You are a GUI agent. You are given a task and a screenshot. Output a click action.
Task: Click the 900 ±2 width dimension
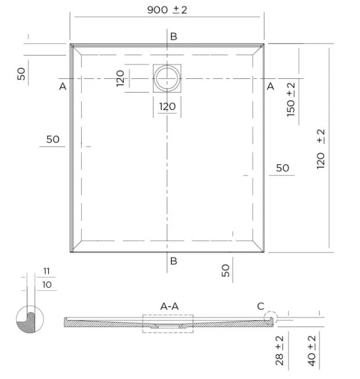[167, 10]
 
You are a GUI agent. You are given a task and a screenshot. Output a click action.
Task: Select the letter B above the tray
[174, 37]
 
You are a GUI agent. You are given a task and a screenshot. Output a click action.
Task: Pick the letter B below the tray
[174, 261]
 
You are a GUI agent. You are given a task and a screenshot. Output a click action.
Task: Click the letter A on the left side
[63, 86]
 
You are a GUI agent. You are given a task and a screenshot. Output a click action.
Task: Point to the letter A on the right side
[271, 86]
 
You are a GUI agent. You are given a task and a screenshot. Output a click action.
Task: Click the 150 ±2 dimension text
[291, 100]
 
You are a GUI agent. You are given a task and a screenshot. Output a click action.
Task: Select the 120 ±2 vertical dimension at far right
[321, 149]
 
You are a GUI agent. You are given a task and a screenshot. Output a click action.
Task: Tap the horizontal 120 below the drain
[167, 106]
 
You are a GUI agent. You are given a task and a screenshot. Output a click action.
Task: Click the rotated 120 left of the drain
[120, 78]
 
